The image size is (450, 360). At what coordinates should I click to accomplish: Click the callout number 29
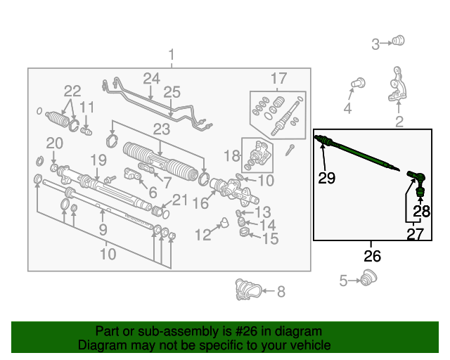pos(326,178)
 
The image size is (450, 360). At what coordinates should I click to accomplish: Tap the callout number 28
pos(421,212)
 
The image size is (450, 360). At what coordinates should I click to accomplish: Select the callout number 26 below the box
pos(372,256)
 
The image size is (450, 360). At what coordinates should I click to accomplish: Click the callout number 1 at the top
pos(172,55)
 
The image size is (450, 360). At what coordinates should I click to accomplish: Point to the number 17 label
pos(278,78)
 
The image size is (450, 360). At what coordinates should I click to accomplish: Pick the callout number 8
pos(281,292)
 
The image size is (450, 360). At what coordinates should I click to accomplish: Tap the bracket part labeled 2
pos(397,84)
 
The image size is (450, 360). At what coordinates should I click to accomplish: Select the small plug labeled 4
pos(359,83)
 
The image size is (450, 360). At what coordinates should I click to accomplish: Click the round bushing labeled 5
pos(368,278)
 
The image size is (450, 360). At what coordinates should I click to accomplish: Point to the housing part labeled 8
pos(248,290)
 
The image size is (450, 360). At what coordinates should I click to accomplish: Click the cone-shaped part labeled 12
pos(224,222)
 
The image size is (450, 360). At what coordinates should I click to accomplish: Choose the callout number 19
pos(98,160)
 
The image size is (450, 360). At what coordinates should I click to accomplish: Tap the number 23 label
pos(162,129)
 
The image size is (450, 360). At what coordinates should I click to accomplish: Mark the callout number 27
pos(415,234)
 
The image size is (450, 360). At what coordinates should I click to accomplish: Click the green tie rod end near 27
pos(417,183)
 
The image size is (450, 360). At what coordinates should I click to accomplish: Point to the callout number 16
pos(200,203)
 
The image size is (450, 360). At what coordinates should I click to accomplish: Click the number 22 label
pos(72,91)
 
